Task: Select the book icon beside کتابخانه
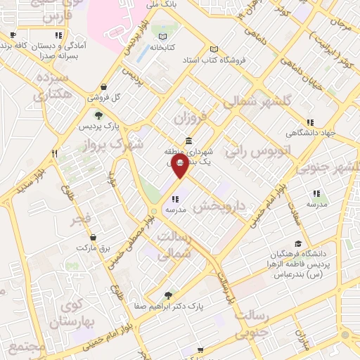(x=163, y=37)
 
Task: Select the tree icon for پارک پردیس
(x=98, y=115)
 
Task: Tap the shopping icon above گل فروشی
(x=104, y=86)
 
